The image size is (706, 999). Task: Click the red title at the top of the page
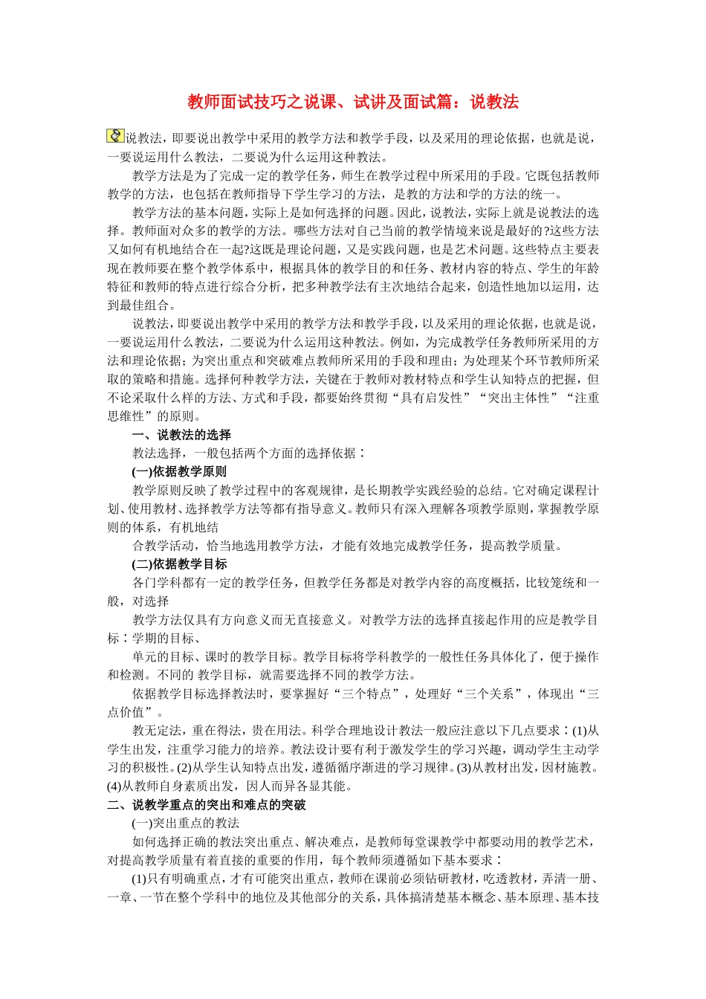(353, 102)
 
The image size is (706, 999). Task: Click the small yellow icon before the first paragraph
(115, 136)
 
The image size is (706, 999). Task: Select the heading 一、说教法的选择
(181, 435)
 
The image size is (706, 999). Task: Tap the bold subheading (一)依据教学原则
(179, 472)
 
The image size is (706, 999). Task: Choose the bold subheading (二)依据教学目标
(179, 564)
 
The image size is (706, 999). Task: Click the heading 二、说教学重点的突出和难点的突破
(207, 805)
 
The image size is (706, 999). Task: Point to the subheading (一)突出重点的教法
(186, 824)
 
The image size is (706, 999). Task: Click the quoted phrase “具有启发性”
(432, 398)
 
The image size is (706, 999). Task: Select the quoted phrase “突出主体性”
(518, 398)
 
